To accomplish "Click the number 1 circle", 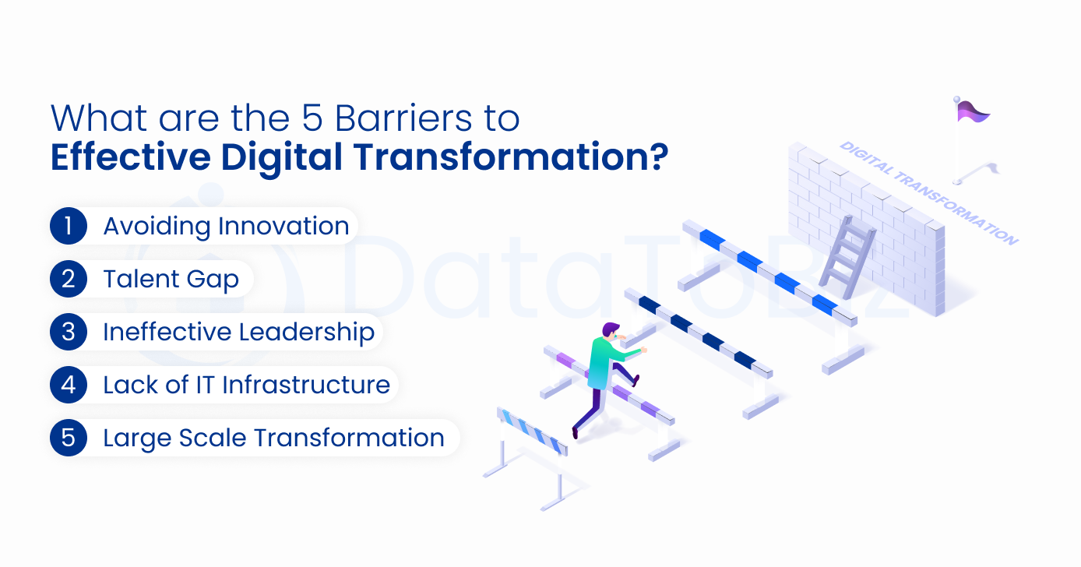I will [69, 226].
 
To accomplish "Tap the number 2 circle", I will [69, 279].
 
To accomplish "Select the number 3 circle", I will [69, 332].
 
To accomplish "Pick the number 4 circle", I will [69, 385].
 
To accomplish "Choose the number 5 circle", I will [69, 438].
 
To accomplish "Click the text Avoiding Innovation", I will [226, 226].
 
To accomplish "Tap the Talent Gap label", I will [171, 279].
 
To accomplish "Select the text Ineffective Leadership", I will [238, 332].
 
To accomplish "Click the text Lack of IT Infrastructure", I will [246, 385].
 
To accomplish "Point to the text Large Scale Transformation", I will [273, 438].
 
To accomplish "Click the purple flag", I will [973, 112].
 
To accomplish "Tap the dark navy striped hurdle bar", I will [698, 331].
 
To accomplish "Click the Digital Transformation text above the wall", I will [928, 192].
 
